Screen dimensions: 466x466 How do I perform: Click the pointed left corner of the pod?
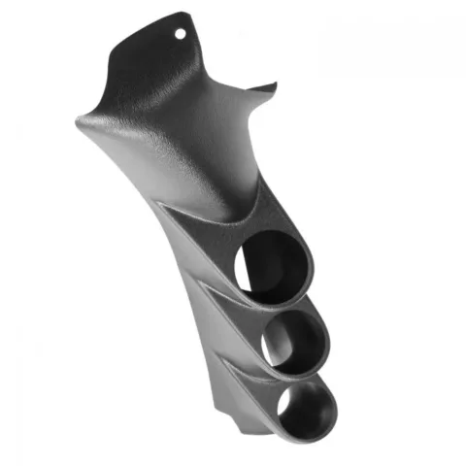(x=78, y=122)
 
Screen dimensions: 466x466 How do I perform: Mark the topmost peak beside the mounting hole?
(x=185, y=17)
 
